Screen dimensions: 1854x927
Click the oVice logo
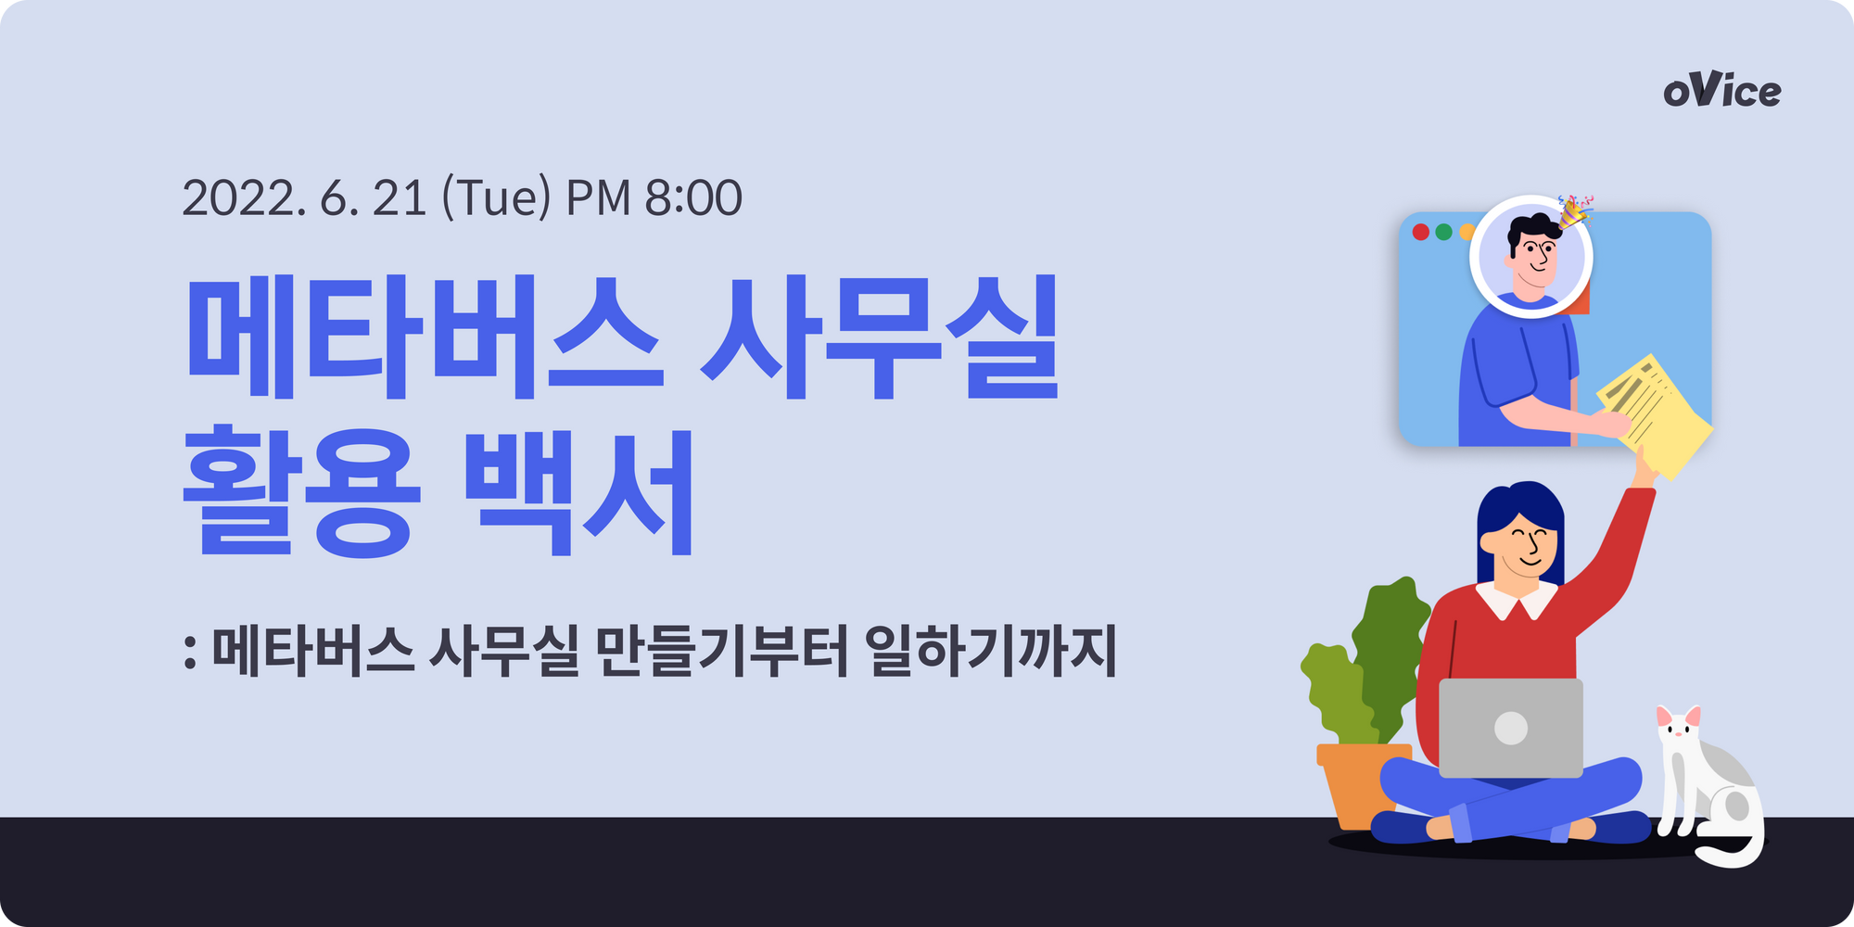1721,90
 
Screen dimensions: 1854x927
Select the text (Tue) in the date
497,197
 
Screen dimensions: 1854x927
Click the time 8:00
693,197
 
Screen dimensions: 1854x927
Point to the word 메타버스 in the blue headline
425,337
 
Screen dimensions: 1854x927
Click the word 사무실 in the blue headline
880,337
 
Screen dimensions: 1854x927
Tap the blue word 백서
579,491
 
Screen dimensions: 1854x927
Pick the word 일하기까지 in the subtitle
991,650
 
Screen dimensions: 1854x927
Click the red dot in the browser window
1420,232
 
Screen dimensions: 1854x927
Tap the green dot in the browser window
1443,232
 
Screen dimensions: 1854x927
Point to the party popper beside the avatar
1575,211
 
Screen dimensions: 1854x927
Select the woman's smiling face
1525,545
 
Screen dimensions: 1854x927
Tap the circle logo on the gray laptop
1511,728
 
